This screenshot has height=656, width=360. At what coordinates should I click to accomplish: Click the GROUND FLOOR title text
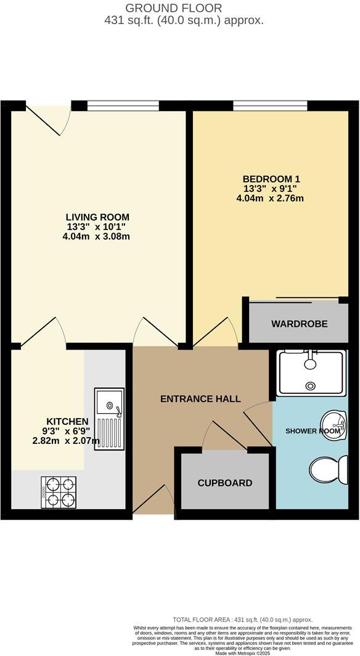coord(173,8)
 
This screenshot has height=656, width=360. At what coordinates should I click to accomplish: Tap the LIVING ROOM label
coord(97,216)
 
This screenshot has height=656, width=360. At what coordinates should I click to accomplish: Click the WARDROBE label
coord(299,324)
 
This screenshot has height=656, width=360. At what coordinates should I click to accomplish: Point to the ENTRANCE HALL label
coord(200,399)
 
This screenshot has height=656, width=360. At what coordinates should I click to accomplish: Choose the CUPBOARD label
coord(225,483)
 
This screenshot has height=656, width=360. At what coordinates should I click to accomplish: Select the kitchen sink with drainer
coord(109,419)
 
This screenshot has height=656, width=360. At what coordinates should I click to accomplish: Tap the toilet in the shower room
coord(327,470)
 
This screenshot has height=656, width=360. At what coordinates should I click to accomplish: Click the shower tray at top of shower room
coord(311,372)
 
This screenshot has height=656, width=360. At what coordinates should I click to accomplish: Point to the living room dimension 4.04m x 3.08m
coord(97,236)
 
